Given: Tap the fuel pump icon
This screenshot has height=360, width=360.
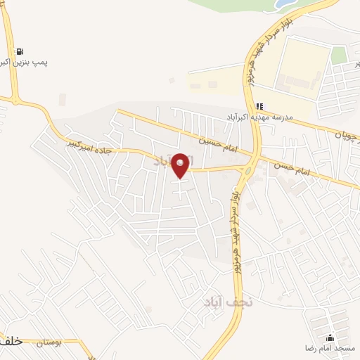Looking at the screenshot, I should (x=19, y=51).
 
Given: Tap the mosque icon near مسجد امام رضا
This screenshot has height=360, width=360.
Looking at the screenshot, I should (x=330, y=338).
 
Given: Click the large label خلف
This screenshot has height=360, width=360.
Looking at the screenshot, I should (x=12, y=341).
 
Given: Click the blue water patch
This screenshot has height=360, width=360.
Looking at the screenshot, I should (x=285, y=4).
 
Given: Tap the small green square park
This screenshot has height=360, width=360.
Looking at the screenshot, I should (x=339, y=55).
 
